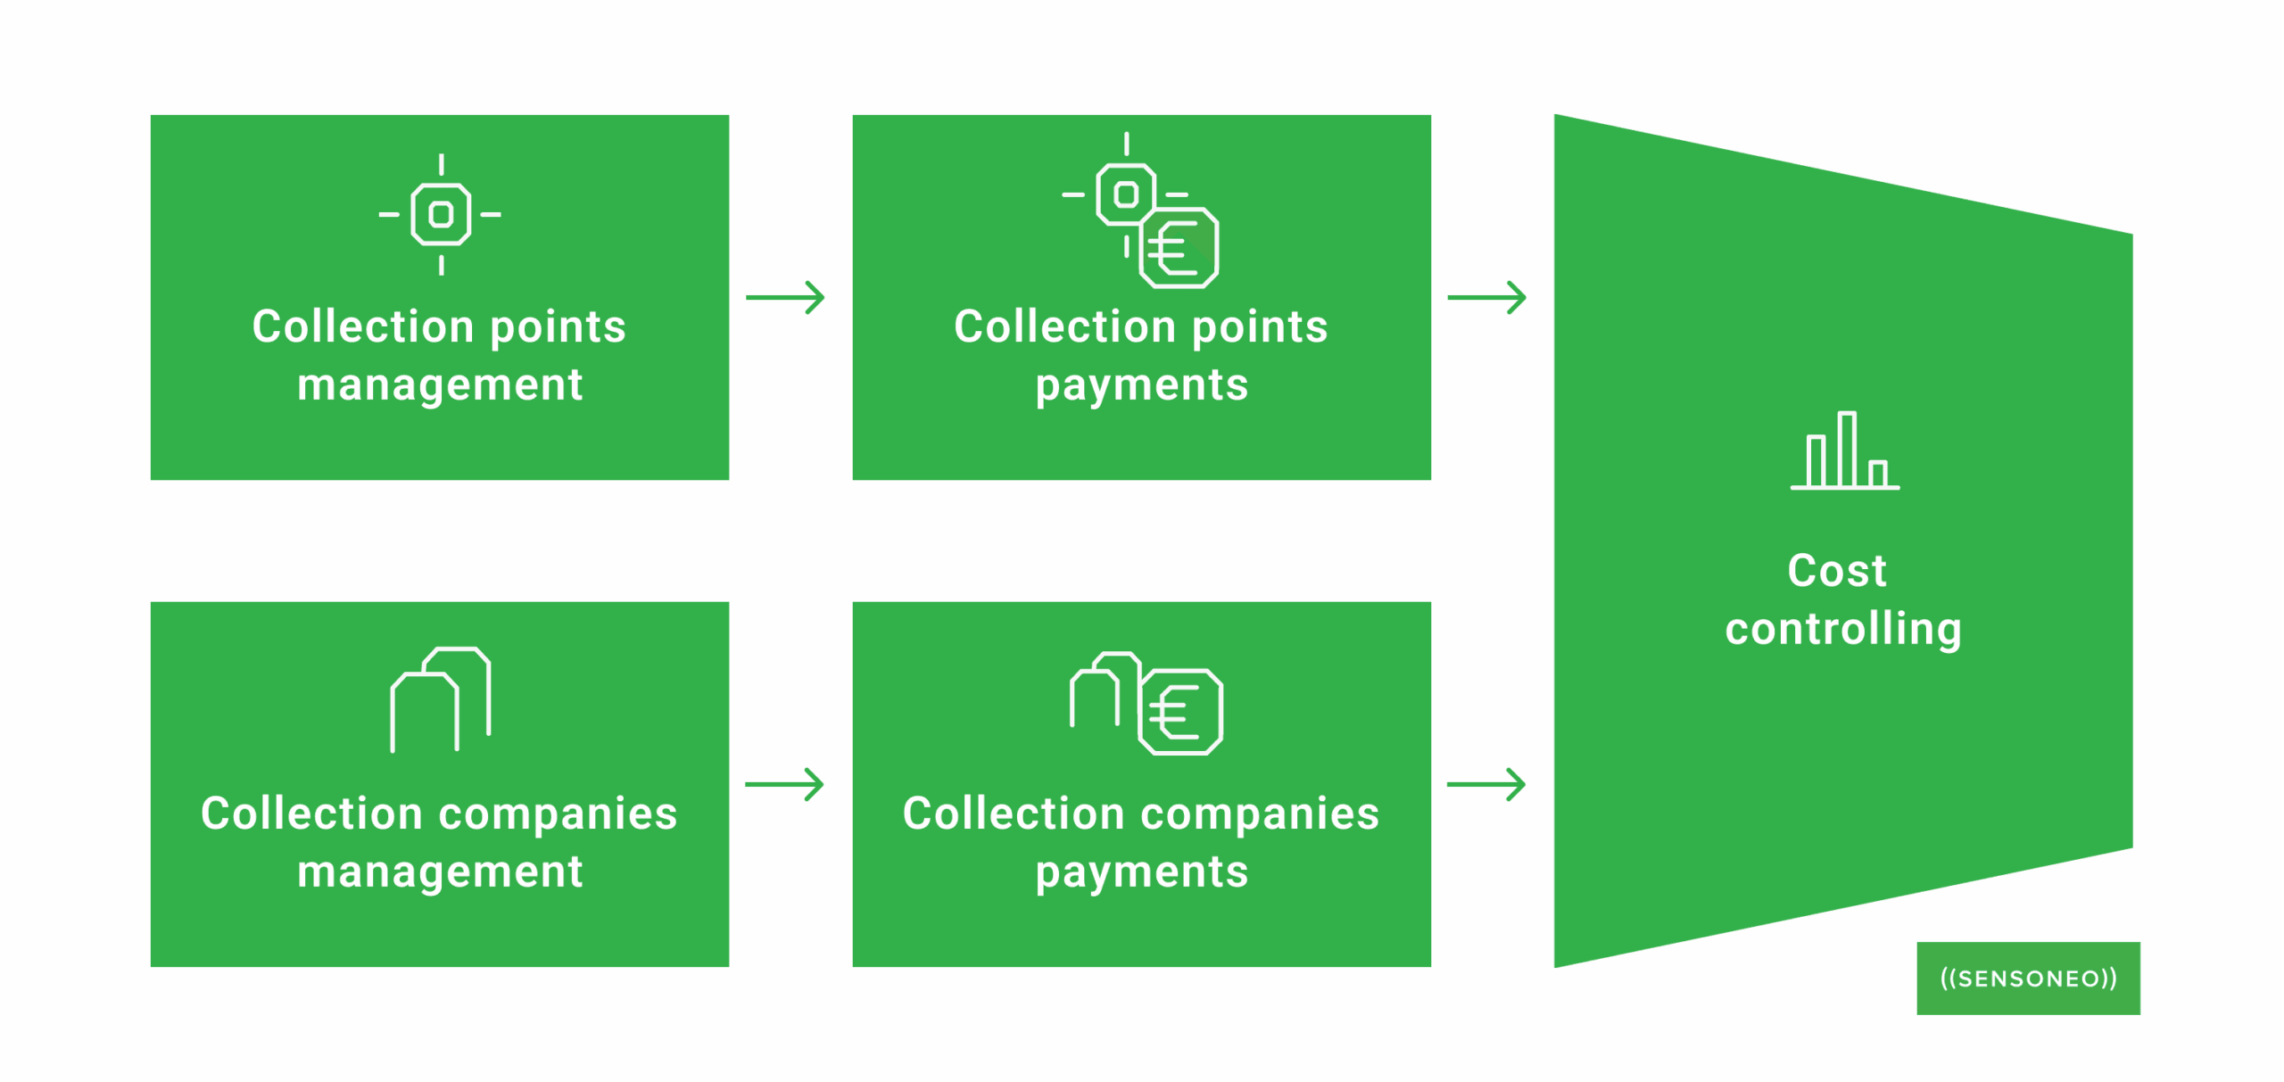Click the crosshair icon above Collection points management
(441, 215)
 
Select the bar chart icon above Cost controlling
(1845, 451)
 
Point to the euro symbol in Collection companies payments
(1180, 713)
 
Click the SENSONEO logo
(2028, 979)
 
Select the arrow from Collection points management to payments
(786, 298)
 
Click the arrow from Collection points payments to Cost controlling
(1487, 298)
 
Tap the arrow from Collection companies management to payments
(786, 785)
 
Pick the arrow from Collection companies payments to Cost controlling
(1487, 785)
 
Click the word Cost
(1837, 571)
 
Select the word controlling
(1843, 630)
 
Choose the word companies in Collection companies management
(559, 814)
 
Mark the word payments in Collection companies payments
(1142, 872)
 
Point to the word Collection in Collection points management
(363, 327)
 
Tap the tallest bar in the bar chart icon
(1847, 450)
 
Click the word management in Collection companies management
(440, 872)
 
